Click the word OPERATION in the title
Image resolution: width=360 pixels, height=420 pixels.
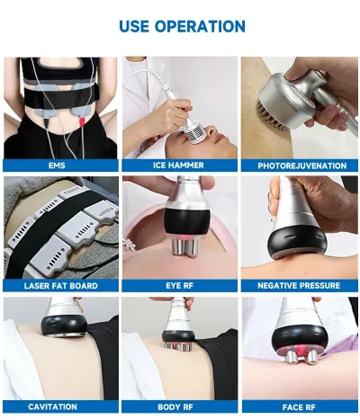tap(200, 26)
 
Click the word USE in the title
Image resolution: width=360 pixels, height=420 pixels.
tap(134, 26)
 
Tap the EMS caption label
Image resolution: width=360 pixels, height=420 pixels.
tap(57, 165)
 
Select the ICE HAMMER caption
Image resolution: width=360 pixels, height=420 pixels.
tap(178, 165)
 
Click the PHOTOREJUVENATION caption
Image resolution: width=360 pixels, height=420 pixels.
tap(302, 165)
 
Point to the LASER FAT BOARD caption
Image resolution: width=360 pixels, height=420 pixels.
tap(61, 286)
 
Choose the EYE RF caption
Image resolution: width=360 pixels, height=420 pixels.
tap(179, 286)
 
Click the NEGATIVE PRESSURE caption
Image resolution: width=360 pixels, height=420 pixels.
tap(299, 286)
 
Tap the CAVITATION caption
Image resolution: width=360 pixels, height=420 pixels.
tap(52, 407)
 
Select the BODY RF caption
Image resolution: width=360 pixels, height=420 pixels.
tap(175, 407)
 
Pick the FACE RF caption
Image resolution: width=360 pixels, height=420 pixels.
tap(299, 407)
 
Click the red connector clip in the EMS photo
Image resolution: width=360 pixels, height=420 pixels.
tap(82, 121)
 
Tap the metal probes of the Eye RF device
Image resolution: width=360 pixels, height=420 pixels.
tap(184, 248)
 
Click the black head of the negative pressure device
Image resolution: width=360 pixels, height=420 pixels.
tap(297, 242)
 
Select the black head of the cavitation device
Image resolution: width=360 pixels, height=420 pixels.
tap(64, 326)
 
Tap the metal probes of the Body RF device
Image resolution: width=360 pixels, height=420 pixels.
tap(179, 346)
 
